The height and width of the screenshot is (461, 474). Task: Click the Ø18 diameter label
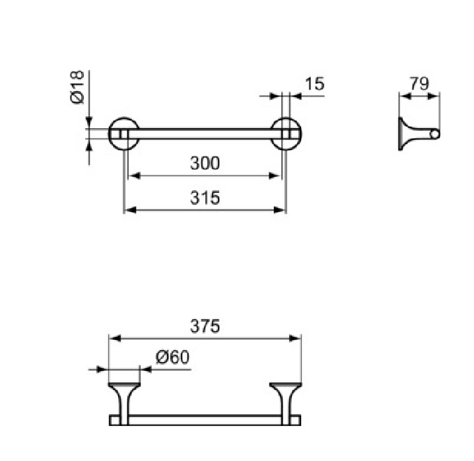[x=77, y=87]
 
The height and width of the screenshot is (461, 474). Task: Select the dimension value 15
[x=315, y=84]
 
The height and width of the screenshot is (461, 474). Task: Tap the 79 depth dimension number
[x=419, y=84]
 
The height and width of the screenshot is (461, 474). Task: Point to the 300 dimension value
[x=205, y=163]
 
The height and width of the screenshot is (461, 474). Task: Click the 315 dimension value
[x=205, y=198]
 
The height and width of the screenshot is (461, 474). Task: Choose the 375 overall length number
[x=205, y=326]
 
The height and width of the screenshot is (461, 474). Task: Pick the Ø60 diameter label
[x=172, y=357]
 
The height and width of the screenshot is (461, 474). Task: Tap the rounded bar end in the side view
[x=435, y=133]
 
